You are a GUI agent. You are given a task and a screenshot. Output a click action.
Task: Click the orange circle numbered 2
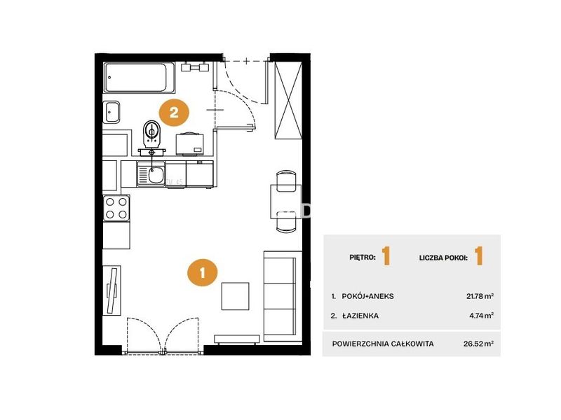tap(174, 113)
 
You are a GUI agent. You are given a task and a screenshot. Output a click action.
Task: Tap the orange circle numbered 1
tap(203, 272)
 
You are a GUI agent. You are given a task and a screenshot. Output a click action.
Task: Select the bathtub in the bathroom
tap(139, 78)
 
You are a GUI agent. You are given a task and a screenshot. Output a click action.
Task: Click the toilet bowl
tap(151, 134)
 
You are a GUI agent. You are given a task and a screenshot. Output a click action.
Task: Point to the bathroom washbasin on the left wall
tap(111, 112)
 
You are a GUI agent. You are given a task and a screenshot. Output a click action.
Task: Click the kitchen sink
tap(151, 174)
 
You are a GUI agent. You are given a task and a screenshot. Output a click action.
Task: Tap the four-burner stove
tap(116, 208)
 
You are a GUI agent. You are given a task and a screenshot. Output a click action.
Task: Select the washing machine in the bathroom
tap(189, 144)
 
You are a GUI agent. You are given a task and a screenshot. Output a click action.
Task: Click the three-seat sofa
tap(280, 296)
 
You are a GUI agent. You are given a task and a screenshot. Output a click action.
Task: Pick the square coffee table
tap(235, 296)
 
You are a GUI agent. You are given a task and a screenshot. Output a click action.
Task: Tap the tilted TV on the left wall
tap(113, 290)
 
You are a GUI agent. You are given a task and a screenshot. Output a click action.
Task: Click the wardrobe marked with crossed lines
tap(288, 100)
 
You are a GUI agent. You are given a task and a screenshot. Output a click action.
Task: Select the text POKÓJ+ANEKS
tap(367, 296)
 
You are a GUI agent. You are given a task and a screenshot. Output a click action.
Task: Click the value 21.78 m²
tap(480, 295)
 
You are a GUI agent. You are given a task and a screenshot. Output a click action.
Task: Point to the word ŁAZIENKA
tap(360, 316)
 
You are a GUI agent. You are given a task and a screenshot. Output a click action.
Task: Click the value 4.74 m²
tap(482, 316)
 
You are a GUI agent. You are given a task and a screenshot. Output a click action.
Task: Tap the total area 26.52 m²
tap(479, 344)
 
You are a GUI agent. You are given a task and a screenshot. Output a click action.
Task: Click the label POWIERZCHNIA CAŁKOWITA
tap(383, 344)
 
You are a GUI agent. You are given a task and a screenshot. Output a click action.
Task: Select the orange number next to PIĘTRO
tap(386, 255)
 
